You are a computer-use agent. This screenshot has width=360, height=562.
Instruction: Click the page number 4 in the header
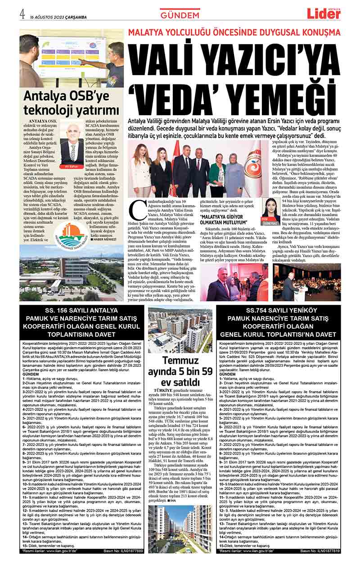click(22, 13)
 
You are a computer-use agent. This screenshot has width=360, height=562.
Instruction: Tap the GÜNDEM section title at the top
click(180, 15)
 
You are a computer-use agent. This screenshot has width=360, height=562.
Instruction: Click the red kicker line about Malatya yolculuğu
click(234, 33)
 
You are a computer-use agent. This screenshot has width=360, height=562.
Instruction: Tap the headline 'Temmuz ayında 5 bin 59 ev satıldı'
click(180, 370)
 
